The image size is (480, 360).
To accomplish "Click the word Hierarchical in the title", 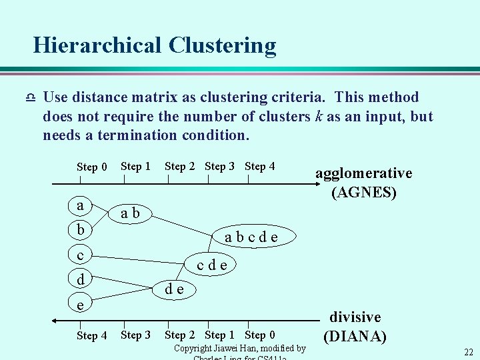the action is (x=97, y=45).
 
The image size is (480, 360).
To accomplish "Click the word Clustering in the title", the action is (x=222, y=45).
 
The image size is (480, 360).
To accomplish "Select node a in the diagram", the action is (x=81, y=205).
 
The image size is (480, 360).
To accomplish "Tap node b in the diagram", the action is (x=81, y=230).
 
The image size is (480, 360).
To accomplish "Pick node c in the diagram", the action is (x=81, y=255).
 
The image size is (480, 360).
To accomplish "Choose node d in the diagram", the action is (x=81, y=279).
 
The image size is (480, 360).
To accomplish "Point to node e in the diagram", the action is (x=81, y=304).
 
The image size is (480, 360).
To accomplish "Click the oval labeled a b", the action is (x=131, y=213).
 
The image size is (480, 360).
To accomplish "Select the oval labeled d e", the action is (x=175, y=288).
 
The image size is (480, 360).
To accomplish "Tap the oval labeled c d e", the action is (x=212, y=265).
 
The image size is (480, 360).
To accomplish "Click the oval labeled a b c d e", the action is (x=251, y=237).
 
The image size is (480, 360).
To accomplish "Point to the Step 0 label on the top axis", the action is (x=91, y=167).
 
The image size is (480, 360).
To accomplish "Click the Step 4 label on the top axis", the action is (x=259, y=166).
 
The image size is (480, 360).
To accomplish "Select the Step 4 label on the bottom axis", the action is (x=91, y=335).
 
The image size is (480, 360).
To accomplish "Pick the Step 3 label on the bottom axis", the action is (x=135, y=335).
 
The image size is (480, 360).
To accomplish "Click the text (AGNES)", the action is (x=364, y=193).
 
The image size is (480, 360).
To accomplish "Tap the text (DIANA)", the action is (x=355, y=336).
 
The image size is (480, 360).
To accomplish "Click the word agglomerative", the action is (x=363, y=173).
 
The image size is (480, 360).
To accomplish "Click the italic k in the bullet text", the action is (x=319, y=117).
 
